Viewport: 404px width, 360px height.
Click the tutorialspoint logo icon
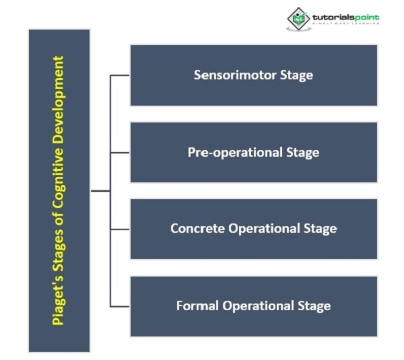pos(298,20)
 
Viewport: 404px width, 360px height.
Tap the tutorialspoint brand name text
pos(346,16)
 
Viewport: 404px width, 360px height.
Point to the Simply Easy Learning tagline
pos(345,24)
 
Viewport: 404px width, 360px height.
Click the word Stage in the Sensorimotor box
pos(298,75)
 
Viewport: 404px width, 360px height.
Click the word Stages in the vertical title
pos(59,246)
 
